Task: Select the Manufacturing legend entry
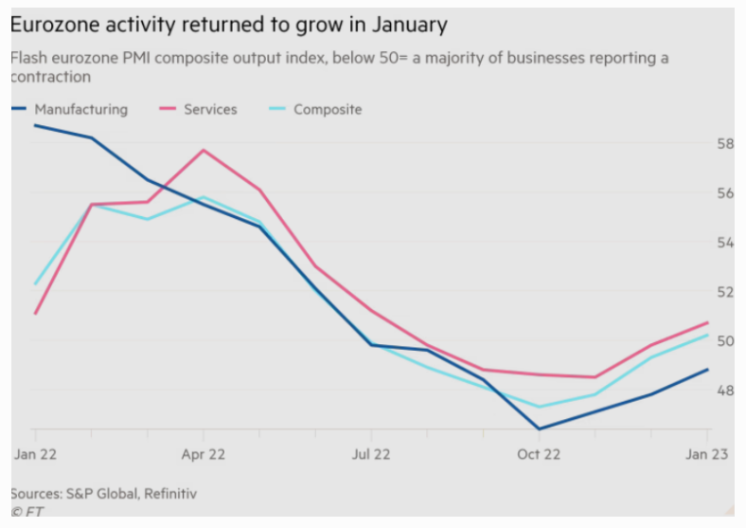80,109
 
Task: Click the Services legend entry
210,109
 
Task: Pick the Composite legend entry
328,109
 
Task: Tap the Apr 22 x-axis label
204,454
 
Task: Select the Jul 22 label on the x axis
372,454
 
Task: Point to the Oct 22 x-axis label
540,454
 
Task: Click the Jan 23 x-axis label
707,454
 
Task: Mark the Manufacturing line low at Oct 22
540,429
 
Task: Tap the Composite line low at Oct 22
540,407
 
